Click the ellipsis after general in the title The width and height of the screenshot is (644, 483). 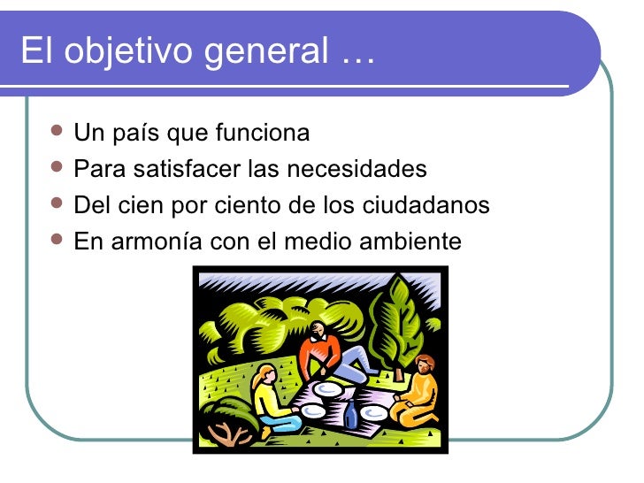pos(356,55)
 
